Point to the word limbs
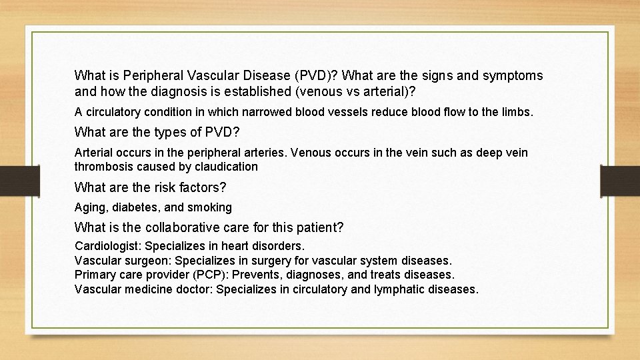pyautogui.click(x=517, y=112)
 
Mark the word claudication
pyautogui.click(x=224, y=166)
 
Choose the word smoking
pyautogui.click(x=209, y=207)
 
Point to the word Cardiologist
pyautogui.click(x=107, y=247)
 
